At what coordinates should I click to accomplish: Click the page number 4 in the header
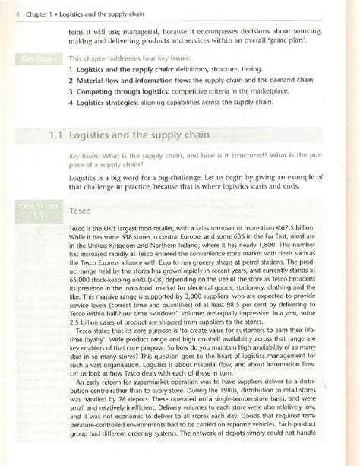click(6, 9)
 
